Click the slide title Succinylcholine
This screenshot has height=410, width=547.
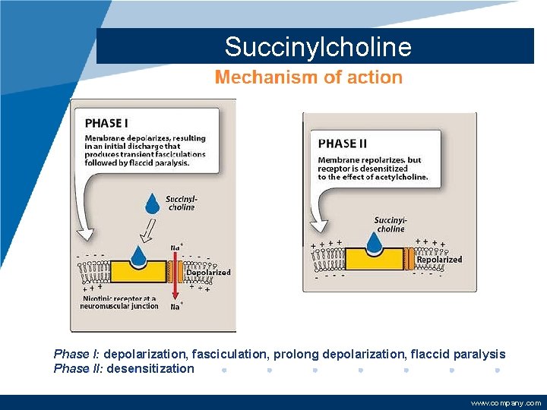point(318,47)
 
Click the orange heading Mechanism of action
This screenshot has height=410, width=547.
point(308,77)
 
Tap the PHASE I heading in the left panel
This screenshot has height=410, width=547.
point(107,122)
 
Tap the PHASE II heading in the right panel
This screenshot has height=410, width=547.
point(343,143)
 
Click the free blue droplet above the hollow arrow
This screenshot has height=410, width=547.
point(153,202)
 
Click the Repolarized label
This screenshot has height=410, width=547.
point(439,259)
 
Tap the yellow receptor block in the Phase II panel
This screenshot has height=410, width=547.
point(374,259)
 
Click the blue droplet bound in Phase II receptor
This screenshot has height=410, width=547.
point(374,242)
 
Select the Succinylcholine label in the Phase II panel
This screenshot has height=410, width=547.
point(390,225)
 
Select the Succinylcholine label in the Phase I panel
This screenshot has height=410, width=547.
point(181,203)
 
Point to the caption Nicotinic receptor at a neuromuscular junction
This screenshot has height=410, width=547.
point(120,302)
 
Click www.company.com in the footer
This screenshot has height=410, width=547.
point(505,403)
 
